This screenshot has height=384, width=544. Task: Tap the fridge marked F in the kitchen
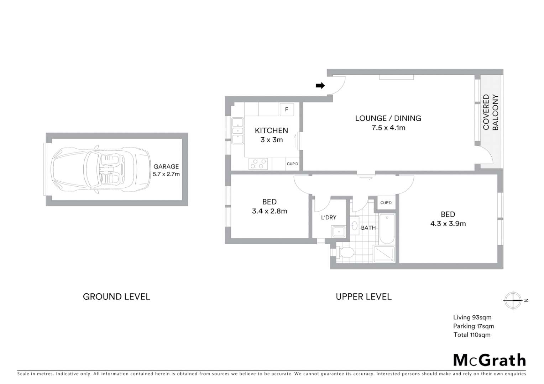[x=287, y=110]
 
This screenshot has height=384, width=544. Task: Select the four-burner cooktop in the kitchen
[x=258, y=164]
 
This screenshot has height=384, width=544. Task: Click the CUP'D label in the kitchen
[x=292, y=164]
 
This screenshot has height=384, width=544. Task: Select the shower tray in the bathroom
[x=384, y=254]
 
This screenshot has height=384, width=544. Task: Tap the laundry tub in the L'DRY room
[x=339, y=232]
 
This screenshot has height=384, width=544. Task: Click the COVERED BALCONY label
[x=491, y=112]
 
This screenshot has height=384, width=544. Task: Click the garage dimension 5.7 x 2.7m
[x=166, y=174]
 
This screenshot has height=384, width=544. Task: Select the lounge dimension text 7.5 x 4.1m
[x=388, y=128]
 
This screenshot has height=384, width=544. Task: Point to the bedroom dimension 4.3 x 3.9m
[x=448, y=224]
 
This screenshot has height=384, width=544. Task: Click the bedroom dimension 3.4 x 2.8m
[x=270, y=211]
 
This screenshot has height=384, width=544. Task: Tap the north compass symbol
[x=513, y=300]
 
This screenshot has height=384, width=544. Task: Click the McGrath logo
[x=490, y=360]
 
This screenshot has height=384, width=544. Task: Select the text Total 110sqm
[x=472, y=335]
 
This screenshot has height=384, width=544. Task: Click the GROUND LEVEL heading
[x=116, y=297]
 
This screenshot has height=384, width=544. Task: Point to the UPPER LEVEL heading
[x=363, y=297]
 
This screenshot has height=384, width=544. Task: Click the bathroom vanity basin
[x=355, y=225]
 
